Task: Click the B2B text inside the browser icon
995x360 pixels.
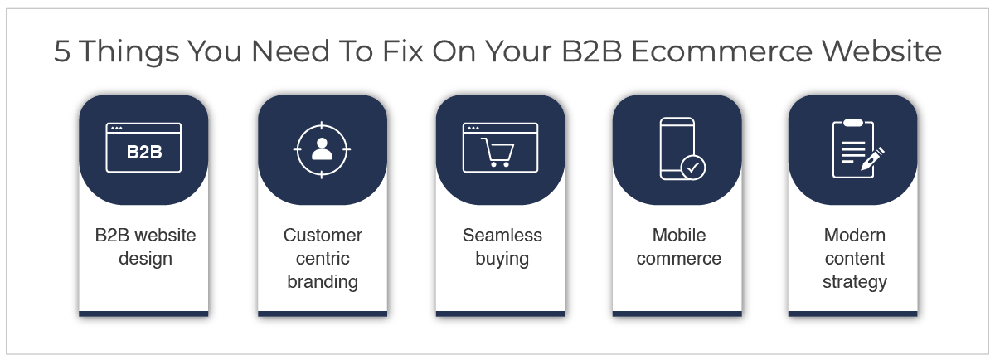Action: pyautogui.click(x=144, y=152)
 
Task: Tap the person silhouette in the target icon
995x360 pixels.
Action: pyautogui.click(x=322, y=148)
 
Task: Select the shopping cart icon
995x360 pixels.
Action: pyautogui.click(x=498, y=153)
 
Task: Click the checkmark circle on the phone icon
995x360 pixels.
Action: pyautogui.click(x=693, y=168)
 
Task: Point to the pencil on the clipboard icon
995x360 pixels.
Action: pyautogui.click(x=872, y=159)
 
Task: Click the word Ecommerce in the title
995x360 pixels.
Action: pyautogui.click(x=722, y=51)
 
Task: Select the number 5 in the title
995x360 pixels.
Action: pyautogui.click(x=62, y=51)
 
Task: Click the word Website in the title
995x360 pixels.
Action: pyautogui.click(x=881, y=51)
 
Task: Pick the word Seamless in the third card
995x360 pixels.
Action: pyautogui.click(x=502, y=235)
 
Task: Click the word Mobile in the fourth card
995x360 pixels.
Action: pyautogui.click(x=679, y=235)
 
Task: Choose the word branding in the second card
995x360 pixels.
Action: pyautogui.click(x=323, y=282)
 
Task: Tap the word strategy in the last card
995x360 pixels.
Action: pyautogui.click(x=855, y=282)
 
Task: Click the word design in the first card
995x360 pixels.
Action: pyautogui.click(x=145, y=259)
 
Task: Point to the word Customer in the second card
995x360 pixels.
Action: pyautogui.click(x=323, y=235)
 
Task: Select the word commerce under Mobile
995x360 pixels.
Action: pyautogui.click(x=679, y=259)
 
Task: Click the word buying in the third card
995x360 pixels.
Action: pyautogui.click(x=502, y=259)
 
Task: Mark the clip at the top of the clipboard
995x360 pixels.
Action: pyautogui.click(x=853, y=123)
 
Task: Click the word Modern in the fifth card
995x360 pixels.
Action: pyautogui.click(x=855, y=235)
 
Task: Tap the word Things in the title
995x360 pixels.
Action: pyautogui.click(x=129, y=52)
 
